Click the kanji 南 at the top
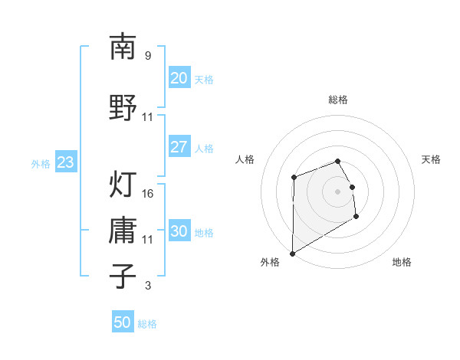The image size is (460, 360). (123, 47)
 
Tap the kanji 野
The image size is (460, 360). (123, 106)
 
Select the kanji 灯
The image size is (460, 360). (123, 184)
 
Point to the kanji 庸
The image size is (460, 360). (123, 230)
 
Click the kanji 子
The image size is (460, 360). (123, 276)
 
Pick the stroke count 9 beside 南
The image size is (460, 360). (147, 56)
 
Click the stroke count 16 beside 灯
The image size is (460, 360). (148, 193)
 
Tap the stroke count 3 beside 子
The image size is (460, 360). (147, 286)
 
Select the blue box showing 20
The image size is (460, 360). (179, 78)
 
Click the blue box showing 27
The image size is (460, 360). (179, 147)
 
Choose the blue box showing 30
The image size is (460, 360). (179, 231)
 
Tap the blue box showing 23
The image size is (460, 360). (65, 162)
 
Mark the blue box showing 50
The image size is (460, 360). (123, 322)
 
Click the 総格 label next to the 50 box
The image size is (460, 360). (147, 324)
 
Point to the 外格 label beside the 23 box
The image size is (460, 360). (41, 163)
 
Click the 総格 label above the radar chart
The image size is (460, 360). (337, 100)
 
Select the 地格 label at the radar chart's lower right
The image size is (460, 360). (402, 262)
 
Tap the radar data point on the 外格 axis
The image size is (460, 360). (292, 254)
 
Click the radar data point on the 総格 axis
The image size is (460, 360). (337, 161)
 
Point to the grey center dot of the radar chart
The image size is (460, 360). (337, 191)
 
